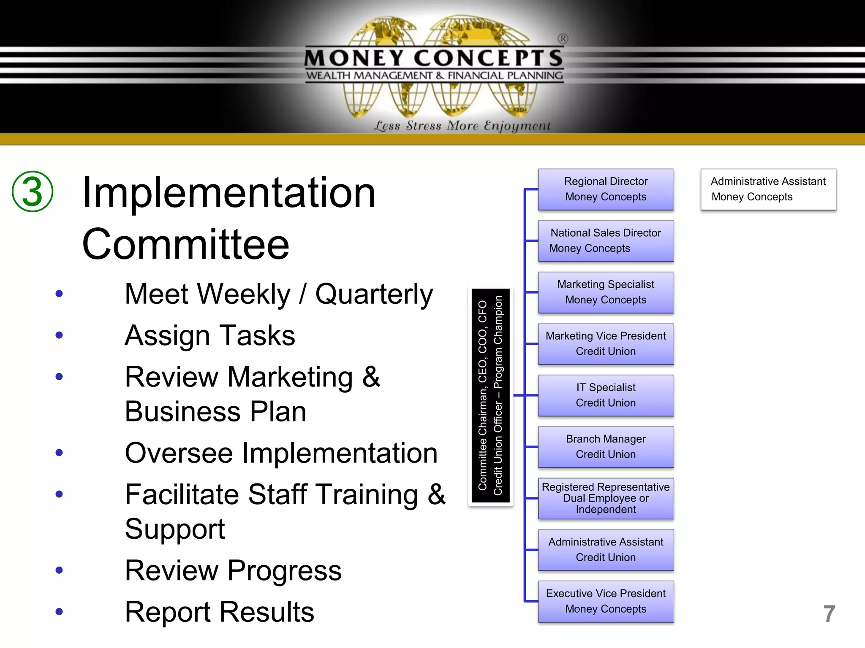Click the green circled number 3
coord(33,191)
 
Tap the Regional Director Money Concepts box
coord(606,189)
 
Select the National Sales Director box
coord(606,241)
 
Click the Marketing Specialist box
coord(606,292)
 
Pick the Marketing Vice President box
coord(606,344)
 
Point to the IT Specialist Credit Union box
coord(606,395)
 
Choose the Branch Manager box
coord(606,447)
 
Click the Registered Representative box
coord(606,498)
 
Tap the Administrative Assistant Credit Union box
coord(606,550)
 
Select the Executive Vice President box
coord(606,601)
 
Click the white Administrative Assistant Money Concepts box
coord(768,189)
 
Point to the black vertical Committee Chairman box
coord(490,397)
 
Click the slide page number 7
coord(829,614)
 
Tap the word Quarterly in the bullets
coord(374,294)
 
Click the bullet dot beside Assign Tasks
coord(59,335)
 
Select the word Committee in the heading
coord(186,245)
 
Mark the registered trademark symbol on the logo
coord(563,39)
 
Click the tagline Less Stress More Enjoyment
coord(462,126)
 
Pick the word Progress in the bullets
coord(285,571)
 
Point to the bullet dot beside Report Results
coord(59,612)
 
